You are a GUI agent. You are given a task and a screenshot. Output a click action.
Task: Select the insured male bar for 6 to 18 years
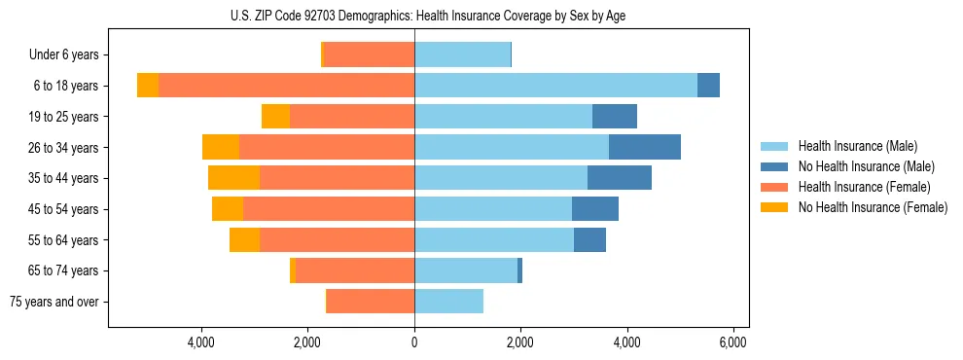tap(555, 86)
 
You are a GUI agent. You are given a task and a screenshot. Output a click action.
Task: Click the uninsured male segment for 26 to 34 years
tap(644, 147)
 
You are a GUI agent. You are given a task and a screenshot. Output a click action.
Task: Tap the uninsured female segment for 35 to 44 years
tap(233, 178)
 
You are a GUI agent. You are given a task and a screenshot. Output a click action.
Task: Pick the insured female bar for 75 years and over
tap(371, 302)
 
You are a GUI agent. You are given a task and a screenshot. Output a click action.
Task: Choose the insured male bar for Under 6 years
tap(462, 54)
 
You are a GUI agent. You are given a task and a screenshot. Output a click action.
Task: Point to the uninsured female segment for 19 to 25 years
tap(275, 117)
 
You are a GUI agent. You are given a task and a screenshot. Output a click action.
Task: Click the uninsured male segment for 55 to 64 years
tap(589, 240)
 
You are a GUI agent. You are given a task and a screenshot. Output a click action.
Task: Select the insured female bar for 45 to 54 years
tap(329, 209)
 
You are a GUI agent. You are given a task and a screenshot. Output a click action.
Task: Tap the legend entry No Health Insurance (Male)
tap(866, 166)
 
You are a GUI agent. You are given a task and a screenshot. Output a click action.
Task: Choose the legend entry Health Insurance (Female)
tap(864, 187)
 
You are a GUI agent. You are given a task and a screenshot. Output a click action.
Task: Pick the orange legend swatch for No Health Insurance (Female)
tap(775, 207)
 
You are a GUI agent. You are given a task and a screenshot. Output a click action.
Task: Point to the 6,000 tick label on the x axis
tap(732, 342)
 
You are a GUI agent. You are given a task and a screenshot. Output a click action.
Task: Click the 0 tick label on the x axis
tap(414, 342)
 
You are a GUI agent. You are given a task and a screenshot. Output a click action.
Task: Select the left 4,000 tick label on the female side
tap(201, 342)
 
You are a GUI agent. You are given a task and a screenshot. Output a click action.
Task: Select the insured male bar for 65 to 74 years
tap(466, 270)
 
